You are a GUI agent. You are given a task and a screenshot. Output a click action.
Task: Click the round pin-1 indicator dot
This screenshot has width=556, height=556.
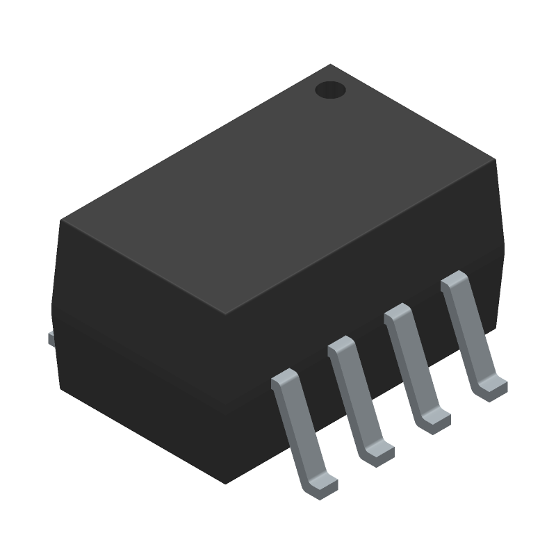coord(330,90)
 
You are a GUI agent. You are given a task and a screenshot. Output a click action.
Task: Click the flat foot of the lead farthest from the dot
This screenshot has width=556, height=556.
coord(323,484)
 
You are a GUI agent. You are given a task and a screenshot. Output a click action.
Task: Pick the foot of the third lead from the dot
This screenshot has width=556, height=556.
coord(379,452)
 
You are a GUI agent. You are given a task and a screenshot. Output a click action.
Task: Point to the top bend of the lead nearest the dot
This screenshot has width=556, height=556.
coord(454,280)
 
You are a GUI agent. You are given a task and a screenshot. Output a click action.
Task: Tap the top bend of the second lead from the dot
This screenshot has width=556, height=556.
coord(397,313)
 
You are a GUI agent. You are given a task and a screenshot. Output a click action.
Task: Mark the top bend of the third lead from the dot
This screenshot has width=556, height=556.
coord(341,345)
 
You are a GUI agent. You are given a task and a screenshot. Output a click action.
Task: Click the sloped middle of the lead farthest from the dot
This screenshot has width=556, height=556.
coord(299,431)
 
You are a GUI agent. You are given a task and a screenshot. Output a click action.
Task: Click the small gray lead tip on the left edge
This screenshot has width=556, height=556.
coord(50,338)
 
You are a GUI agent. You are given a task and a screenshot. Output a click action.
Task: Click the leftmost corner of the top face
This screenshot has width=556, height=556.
coord(61,221)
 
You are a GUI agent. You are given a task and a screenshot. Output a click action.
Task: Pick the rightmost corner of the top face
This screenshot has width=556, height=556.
coord(495,159)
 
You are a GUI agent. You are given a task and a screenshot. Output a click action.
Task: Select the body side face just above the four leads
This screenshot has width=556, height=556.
coord(361,278)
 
